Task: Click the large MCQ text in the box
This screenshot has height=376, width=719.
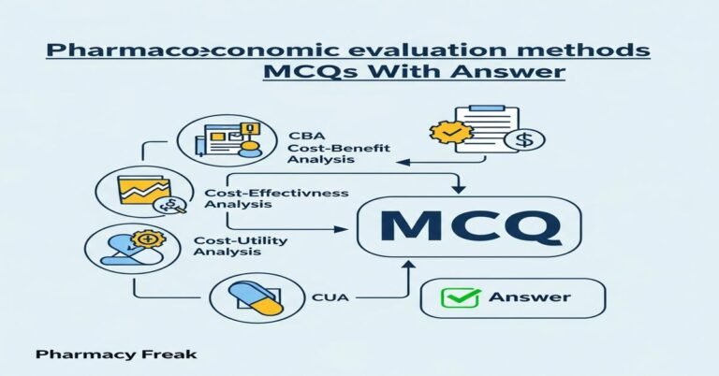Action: point(469,225)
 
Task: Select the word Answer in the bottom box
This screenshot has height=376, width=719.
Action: point(529,298)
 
